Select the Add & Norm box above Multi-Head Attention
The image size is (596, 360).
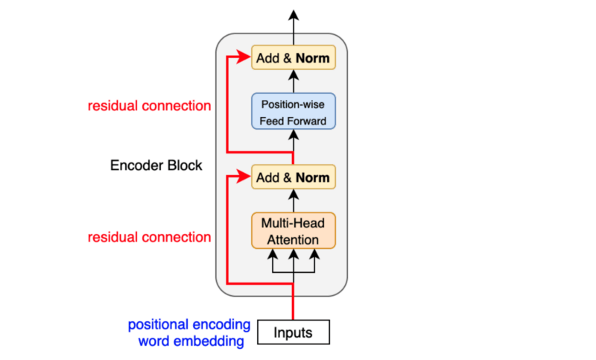tap(293, 177)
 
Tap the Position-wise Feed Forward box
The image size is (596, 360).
tap(293, 112)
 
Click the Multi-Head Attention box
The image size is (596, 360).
tap(293, 231)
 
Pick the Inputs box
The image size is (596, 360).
tap(293, 332)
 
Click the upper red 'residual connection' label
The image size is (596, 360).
tap(149, 106)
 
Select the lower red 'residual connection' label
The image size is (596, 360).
tap(149, 238)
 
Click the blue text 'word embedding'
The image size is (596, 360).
tap(191, 341)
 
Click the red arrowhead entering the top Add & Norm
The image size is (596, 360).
tap(245, 57)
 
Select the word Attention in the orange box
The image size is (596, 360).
tap(293, 240)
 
